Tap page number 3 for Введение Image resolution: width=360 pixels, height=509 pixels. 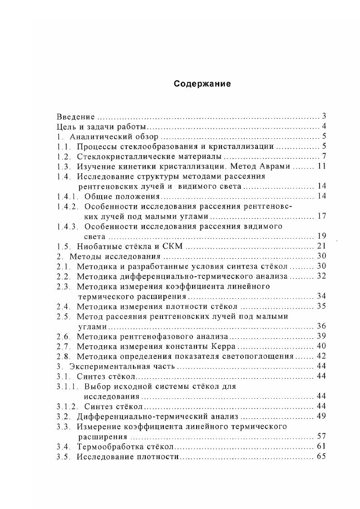click(x=324, y=116)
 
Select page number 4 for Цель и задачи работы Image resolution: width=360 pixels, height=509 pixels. click(x=324, y=127)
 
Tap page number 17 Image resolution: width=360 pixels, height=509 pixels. click(x=322, y=216)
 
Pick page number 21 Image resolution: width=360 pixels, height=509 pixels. click(x=322, y=246)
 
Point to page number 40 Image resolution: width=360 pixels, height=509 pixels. click(x=322, y=346)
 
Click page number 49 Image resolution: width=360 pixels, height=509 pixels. click(x=322, y=416)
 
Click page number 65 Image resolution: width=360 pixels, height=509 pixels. click(x=322, y=456)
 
